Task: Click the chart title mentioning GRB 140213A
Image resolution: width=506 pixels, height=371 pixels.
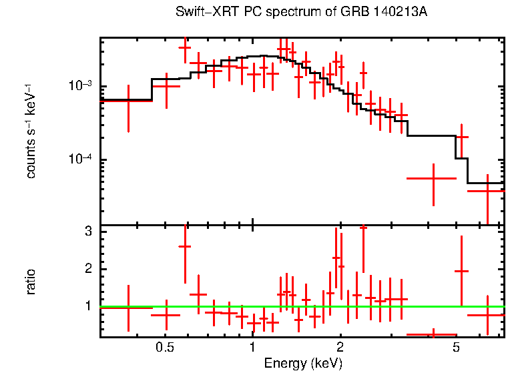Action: (x=301, y=13)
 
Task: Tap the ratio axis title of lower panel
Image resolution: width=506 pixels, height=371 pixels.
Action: (x=31, y=282)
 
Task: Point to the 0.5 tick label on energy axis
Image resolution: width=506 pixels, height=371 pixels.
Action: (x=165, y=348)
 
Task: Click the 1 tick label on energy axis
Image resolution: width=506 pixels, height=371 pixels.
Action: (x=252, y=348)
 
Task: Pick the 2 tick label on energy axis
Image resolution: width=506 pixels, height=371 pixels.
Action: (x=340, y=348)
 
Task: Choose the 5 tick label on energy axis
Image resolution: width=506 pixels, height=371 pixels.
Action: (x=457, y=348)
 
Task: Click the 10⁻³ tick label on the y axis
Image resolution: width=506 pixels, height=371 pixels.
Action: (x=79, y=86)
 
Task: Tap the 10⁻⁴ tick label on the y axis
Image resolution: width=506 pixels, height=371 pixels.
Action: (x=79, y=160)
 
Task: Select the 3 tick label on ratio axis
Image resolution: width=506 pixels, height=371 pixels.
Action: (x=87, y=232)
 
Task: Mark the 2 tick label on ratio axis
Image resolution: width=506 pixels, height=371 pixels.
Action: (x=87, y=269)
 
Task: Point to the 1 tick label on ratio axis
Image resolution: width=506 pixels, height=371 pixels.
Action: (x=87, y=306)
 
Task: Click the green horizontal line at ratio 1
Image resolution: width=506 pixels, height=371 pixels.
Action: (x=300, y=306)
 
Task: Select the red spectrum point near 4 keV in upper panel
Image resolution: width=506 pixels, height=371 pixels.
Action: (x=433, y=179)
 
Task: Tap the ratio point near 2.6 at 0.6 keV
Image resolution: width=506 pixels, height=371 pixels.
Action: (x=185, y=246)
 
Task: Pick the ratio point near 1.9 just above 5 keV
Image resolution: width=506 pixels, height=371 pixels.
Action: (x=461, y=271)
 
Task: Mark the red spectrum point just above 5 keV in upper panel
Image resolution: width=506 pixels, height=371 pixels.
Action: (x=461, y=137)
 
